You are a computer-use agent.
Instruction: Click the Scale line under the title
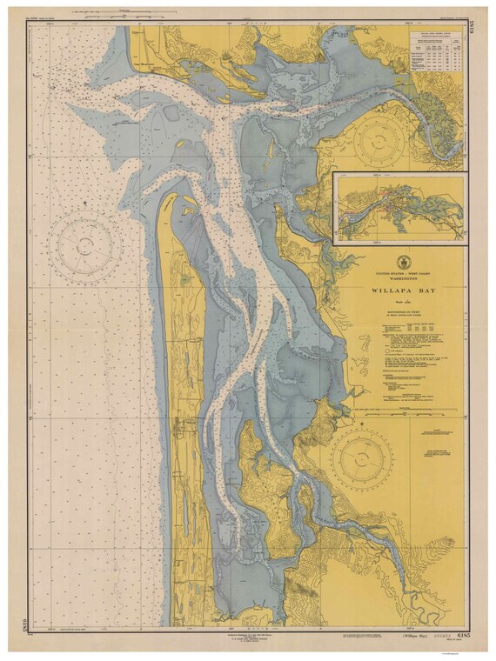click(401, 291)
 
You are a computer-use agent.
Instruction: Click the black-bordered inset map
click(401, 207)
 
